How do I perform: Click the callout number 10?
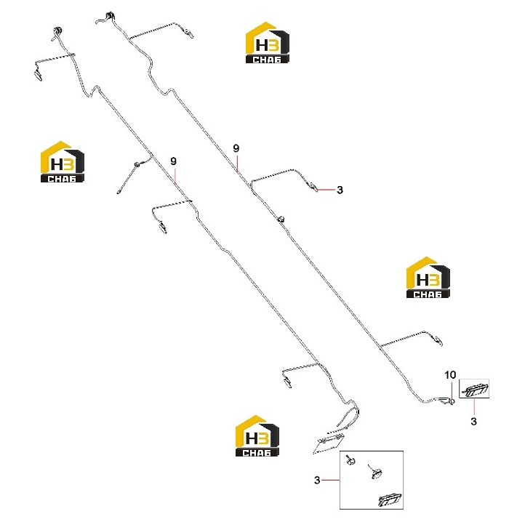[450, 375]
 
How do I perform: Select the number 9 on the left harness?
[173, 161]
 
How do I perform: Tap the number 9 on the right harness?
[236, 148]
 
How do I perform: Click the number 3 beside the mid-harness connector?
[340, 190]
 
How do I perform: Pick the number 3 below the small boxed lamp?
[473, 422]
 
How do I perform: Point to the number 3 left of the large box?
[317, 480]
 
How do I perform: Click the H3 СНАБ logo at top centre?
[268, 43]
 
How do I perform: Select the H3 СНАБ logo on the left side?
[63, 162]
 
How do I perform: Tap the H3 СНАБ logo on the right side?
[428, 278]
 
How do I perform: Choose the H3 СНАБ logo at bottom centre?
[257, 436]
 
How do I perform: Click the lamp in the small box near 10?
[475, 390]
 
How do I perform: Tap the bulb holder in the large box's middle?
[375, 472]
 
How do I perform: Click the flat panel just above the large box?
[329, 443]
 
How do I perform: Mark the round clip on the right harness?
[281, 219]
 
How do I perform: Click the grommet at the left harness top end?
[57, 31]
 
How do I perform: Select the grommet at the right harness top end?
[110, 16]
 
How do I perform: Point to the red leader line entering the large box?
[330, 480]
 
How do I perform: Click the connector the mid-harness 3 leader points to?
[313, 186]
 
